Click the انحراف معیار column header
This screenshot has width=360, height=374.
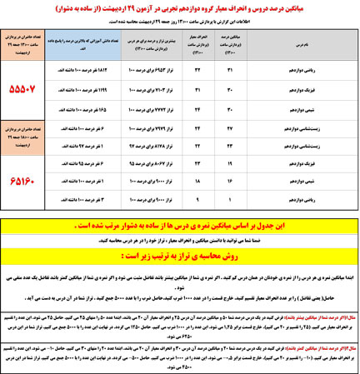(192, 41)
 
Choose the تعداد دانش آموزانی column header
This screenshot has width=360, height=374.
(88, 41)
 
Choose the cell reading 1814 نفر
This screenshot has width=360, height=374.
(88, 69)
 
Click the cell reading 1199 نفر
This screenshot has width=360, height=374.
(88, 88)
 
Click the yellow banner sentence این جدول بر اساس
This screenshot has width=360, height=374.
(179, 225)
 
